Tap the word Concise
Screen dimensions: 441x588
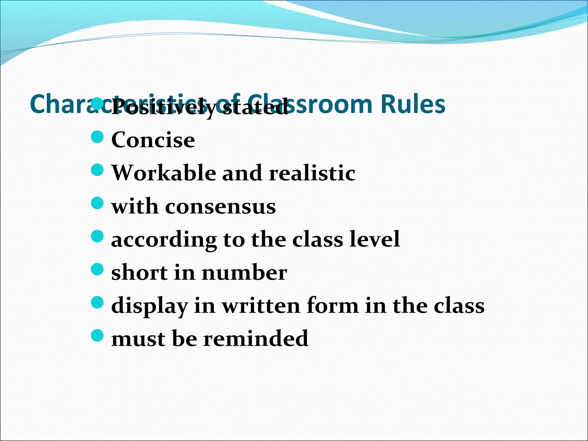click(153, 140)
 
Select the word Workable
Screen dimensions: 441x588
click(164, 173)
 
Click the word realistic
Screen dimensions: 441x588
click(312, 173)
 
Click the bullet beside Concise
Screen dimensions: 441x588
click(97, 137)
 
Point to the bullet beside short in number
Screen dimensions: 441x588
click(97, 269)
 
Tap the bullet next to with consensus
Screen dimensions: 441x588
click(97, 203)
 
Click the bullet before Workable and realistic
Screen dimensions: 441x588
click(97, 170)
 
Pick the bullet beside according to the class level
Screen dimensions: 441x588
click(97, 236)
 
